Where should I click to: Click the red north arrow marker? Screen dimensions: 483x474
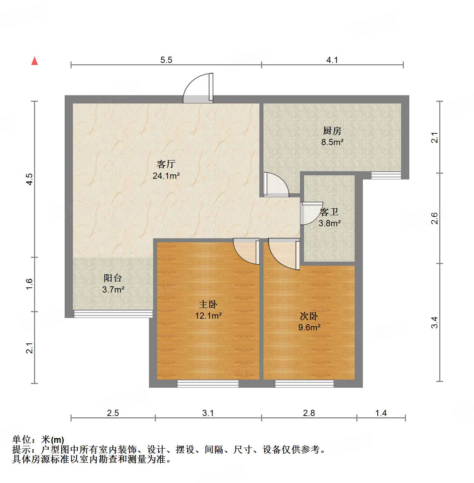click(34, 61)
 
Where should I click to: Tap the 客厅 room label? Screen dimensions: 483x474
click(166, 164)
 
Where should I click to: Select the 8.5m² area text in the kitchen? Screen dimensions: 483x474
click(332, 142)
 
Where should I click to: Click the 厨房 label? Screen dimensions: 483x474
click(332, 131)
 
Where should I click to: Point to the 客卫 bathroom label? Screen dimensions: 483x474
click(329, 212)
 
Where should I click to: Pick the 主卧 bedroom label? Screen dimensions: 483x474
click(208, 304)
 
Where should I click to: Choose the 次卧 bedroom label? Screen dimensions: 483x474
click(309, 316)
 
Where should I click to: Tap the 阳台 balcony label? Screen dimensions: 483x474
click(113, 278)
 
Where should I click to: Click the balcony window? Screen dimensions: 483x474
click(113, 314)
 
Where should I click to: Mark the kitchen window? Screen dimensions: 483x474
click(386, 175)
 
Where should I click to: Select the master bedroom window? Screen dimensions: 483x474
click(208, 383)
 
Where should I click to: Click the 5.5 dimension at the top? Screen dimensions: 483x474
click(166, 60)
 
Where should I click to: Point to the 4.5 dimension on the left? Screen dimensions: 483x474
click(30, 179)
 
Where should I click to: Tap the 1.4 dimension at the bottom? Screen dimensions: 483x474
click(381, 413)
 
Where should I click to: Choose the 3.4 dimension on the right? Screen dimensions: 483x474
click(435, 322)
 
